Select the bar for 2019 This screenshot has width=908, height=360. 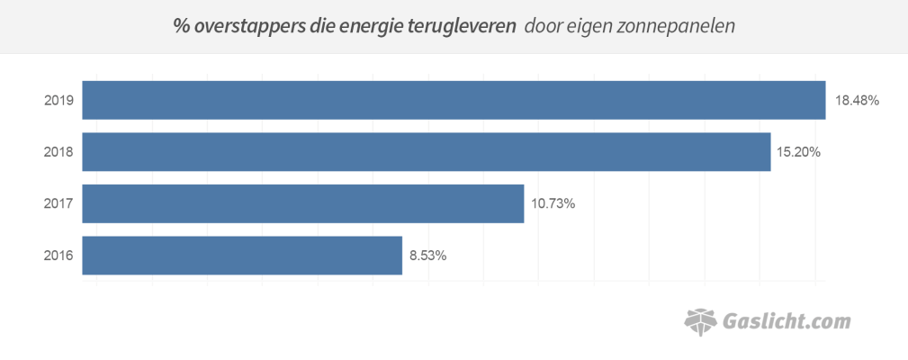point(454,100)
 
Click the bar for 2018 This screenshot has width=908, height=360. point(427,152)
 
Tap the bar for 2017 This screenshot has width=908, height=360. point(302,203)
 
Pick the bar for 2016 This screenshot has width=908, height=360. point(242,256)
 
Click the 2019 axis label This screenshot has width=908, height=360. point(58,101)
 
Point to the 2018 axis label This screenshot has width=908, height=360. point(58,152)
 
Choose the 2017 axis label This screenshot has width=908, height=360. point(58,204)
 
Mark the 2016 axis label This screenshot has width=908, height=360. point(58,256)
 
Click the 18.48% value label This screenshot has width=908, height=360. point(857,101)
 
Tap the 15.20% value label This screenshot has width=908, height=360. point(798,152)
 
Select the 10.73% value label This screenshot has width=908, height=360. point(553,204)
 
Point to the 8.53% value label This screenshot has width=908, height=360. point(427,256)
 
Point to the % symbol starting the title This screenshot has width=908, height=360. point(180,26)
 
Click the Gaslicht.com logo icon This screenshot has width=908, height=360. point(702,320)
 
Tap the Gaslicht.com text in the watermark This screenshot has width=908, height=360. point(787,321)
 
